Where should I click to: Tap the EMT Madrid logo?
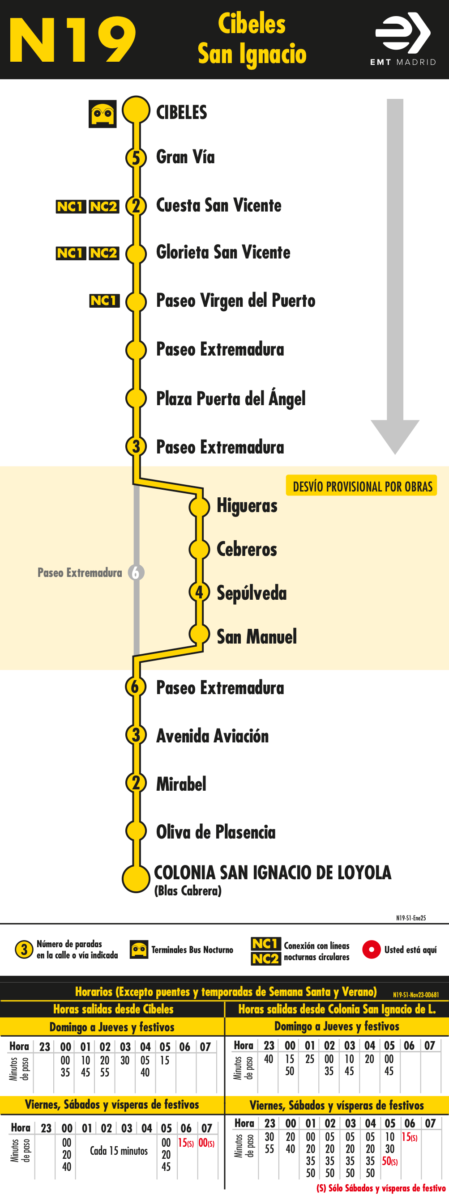403,39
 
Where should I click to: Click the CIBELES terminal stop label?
182,112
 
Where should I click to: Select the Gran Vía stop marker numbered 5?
136,158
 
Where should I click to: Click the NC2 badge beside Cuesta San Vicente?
104,207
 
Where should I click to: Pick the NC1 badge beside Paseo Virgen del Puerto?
104,301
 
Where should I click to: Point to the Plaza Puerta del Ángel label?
231,398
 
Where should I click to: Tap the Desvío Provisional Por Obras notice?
362,486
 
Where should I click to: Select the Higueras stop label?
247,506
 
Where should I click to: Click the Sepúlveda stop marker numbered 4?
199,593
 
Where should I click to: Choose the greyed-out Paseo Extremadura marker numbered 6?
136,573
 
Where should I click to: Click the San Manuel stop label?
257,636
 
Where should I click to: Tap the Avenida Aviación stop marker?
136,735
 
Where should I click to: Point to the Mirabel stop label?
181,784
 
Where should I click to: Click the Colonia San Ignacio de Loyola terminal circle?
136,878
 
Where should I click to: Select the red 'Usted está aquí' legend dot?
372,949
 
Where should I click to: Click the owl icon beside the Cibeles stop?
103,114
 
